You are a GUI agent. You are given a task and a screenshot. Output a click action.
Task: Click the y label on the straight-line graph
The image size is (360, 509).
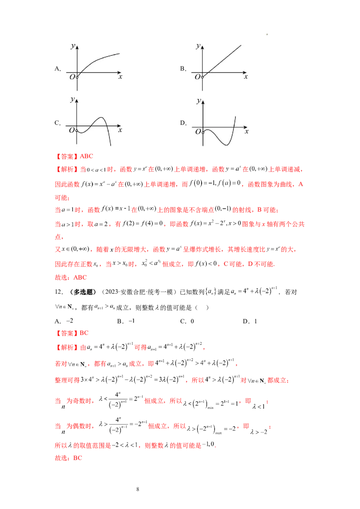point(198,46)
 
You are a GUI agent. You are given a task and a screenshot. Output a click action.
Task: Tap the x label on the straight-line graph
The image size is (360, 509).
point(246,77)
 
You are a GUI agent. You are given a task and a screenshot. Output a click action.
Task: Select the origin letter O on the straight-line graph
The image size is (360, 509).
point(197,77)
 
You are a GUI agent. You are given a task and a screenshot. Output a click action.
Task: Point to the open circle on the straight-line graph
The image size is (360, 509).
point(202,77)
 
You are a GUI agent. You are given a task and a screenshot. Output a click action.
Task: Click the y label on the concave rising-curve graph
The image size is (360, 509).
point(72,46)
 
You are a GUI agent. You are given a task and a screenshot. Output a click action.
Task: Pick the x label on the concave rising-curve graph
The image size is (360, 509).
point(121,77)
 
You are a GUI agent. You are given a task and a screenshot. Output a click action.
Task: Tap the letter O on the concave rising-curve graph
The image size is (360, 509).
point(72,77)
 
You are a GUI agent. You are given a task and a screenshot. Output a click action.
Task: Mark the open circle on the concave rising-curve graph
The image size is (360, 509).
point(77,77)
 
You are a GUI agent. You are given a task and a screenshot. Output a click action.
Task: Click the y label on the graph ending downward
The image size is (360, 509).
point(72,99)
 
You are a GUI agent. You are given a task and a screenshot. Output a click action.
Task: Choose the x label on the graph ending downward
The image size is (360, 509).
point(120,130)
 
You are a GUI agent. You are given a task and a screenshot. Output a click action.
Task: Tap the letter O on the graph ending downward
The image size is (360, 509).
point(72,131)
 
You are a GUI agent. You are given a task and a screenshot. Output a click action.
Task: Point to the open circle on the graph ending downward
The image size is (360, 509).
point(77,131)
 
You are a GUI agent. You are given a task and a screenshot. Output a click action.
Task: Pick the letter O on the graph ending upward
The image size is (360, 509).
point(197,132)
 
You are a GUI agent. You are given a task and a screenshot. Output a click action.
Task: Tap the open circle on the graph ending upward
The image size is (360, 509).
point(203,132)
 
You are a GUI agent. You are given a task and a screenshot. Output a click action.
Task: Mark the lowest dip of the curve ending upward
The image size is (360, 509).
point(225,144)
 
